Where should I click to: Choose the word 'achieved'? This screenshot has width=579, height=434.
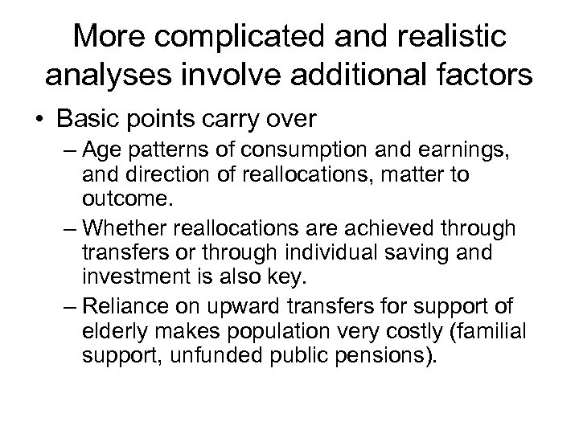[379, 229]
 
